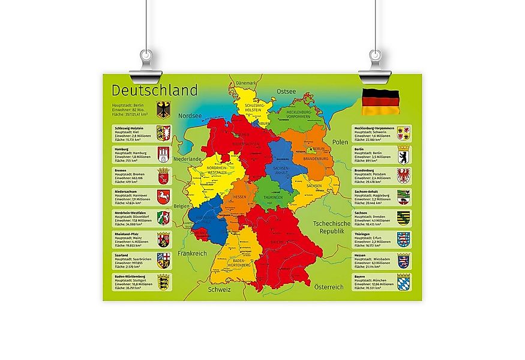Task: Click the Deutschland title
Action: pyautogui.click(x=154, y=91)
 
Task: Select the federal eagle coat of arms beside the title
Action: pyautogui.click(x=163, y=110)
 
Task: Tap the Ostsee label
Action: pyautogui.click(x=286, y=91)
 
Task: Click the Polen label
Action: pyautogui.click(x=341, y=142)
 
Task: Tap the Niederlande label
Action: pyautogui.click(x=187, y=159)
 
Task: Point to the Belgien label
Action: pyautogui.click(x=181, y=205)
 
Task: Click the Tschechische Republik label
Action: pyautogui.click(x=331, y=227)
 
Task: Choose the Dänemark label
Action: pyautogui.click(x=246, y=83)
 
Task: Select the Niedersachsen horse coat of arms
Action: pyautogui.click(x=163, y=197)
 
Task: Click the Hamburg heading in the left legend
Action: pyautogui.click(x=122, y=148)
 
